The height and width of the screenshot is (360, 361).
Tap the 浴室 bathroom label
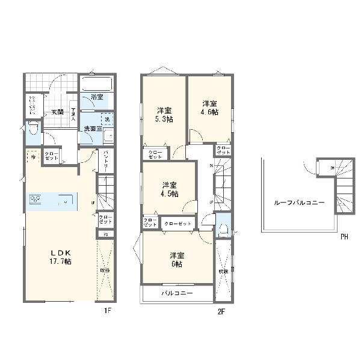click(97, 97)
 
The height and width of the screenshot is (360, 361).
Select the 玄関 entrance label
click(57, 112)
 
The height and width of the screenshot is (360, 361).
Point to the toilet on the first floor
click(33, 128)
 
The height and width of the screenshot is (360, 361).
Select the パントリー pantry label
click(106, 160)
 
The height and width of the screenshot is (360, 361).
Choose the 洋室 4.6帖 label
click(209, 108)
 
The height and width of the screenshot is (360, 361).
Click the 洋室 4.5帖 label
click(169, 189)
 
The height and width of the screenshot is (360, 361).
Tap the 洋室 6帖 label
click(176, 259)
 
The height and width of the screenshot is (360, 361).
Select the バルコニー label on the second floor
click(177, 294)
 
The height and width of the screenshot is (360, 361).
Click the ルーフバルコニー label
click(298, 203)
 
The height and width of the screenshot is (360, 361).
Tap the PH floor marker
click(344, 237)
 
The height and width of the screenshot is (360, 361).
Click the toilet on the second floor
click(222, 228)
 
